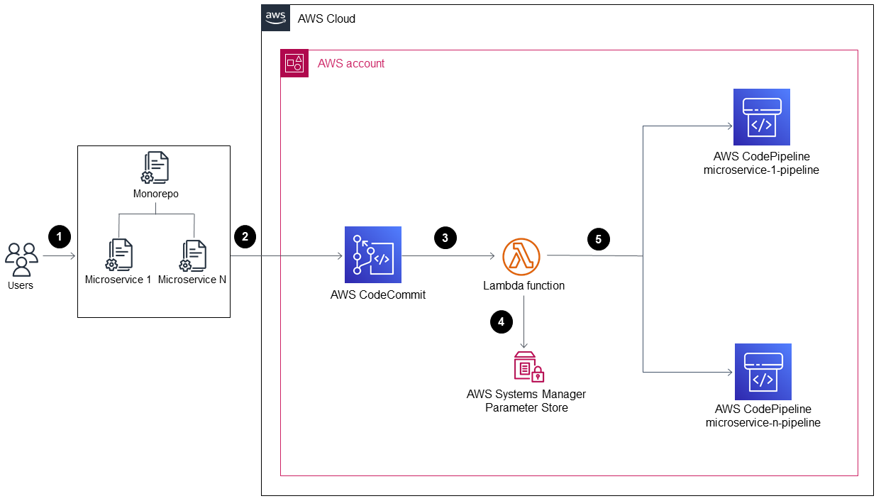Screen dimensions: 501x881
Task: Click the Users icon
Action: tap(21, 259)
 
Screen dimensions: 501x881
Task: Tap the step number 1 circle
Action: tap(60, 236)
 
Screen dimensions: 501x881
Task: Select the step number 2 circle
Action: tap(245, 236)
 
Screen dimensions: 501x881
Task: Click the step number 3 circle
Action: tap(445, 238)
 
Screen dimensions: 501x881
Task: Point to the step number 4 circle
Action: tap(502, 321)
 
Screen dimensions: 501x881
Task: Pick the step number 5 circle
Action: tap(598, 239)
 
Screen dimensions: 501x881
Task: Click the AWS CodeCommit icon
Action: tap(373, 255)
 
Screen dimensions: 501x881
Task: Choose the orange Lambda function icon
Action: tap(521, 256)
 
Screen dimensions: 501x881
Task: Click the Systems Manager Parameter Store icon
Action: tap(528, 367)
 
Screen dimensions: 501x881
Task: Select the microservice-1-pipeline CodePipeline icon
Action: tap(762, 117)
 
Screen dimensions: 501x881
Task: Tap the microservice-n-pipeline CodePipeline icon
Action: tap(763, 372)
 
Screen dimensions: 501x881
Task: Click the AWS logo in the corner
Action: tap(276, 18)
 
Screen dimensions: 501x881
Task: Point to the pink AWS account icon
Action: tap(294, 63)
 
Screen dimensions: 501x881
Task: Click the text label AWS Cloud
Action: tap(326, 19)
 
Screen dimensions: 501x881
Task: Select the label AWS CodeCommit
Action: tap(378, 294)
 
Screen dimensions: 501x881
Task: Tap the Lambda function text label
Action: tap(524, 285)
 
